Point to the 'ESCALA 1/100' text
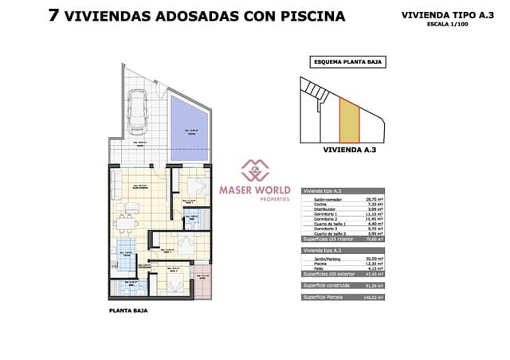coord(447,23)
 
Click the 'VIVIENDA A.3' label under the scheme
coord(345,148)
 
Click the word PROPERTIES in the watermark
coord(256,199)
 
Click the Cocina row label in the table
coord(312,204)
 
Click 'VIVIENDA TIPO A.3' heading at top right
coord(447,14)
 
